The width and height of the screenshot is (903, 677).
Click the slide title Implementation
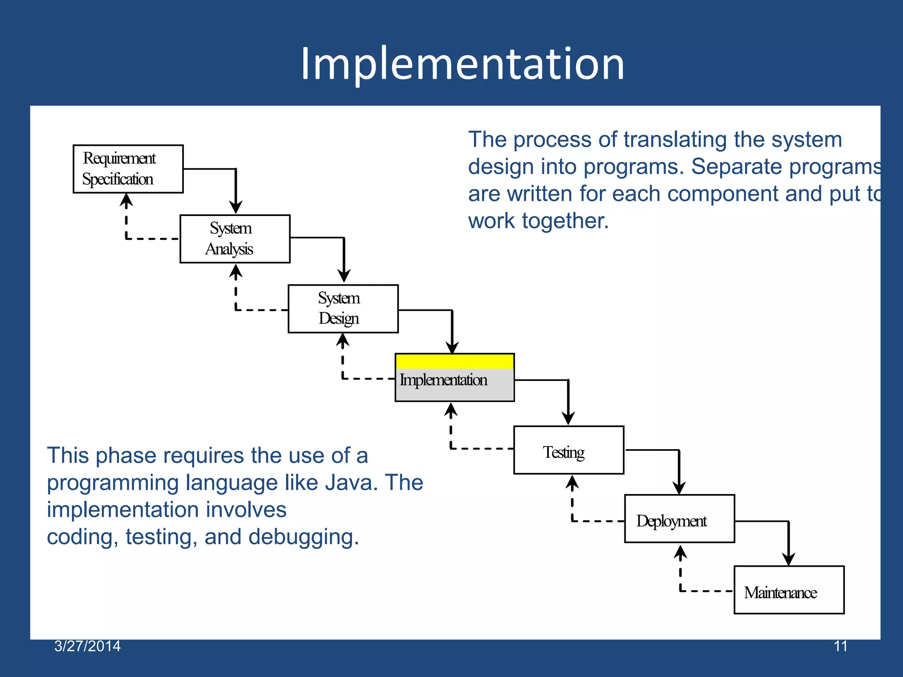(x=462, y=64)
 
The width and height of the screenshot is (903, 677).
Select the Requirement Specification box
(x=128, y=169)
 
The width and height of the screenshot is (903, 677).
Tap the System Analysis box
(x=235, y=239)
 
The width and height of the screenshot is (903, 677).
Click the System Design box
(x=343, y=309)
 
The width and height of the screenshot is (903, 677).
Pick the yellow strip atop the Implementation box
(x=455, y=361)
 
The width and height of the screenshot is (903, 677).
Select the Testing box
(x=568, y=450)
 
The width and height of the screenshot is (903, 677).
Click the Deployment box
(x=679, y=519)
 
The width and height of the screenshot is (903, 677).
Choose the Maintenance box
(x=789, y=590)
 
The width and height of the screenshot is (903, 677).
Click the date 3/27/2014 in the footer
(x=87, y=646)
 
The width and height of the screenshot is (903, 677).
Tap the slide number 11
(x=840, y=646)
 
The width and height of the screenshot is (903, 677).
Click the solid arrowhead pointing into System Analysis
(x=236, y=207)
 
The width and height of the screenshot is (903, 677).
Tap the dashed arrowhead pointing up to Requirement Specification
(x=127, y=201)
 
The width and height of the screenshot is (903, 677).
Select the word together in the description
(x=565, y=221)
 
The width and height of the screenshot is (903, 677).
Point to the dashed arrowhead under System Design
(x=343, y=341)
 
